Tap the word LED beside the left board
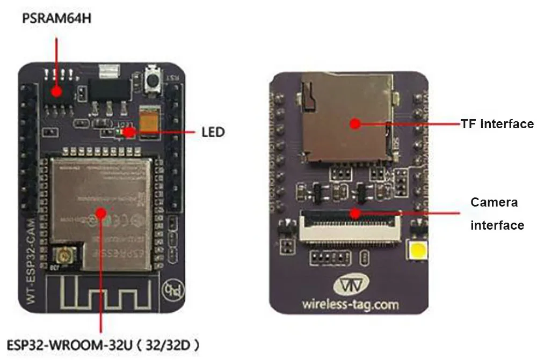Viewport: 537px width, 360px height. [213, 131]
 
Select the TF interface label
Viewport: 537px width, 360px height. [497, 124]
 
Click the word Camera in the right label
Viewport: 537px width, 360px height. [494, 202]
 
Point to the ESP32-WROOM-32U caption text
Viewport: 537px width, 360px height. [102, 344]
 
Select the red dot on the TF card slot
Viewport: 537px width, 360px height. [354, 124]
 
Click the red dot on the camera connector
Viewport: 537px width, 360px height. [354, 213]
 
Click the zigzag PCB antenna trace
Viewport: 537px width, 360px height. [102, 292]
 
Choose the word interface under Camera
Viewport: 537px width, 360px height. [497, 225]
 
